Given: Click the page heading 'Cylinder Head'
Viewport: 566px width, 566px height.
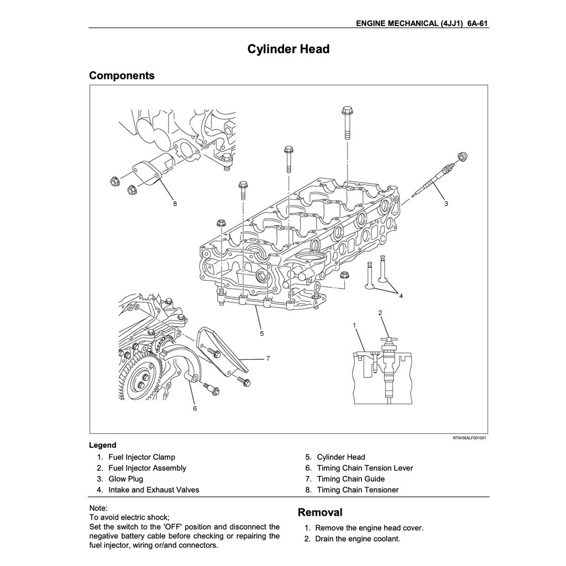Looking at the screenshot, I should coord(288,49).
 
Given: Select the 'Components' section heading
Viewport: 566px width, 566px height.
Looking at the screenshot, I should coord(122,75).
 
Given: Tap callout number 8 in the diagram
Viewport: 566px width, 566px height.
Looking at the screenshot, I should coord(175,203).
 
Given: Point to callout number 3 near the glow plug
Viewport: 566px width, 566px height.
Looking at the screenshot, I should coord(446,203).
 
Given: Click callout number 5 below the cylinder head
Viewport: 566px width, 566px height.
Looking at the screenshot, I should coord(262,333).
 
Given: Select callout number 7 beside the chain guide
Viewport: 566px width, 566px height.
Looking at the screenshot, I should coord(268,358).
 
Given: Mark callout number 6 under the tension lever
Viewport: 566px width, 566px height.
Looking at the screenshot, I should coord(195,408).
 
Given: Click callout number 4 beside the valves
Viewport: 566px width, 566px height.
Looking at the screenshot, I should coord(401,296).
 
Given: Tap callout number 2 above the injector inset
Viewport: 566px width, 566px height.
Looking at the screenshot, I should coord(380,313).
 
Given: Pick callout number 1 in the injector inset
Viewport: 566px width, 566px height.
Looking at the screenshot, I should coord(354,325).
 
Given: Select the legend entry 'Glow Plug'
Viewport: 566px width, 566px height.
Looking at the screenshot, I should coord(125,479).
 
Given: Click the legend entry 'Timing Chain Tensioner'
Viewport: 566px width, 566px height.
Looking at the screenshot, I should coord(357,490).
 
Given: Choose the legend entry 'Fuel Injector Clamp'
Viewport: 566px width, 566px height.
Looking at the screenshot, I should coord(141,457).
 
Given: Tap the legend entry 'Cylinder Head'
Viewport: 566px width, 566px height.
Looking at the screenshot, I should coord(340,457).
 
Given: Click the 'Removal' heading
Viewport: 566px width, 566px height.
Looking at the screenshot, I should coord(320,512).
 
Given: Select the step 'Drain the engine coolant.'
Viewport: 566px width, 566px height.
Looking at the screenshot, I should coord(357,538).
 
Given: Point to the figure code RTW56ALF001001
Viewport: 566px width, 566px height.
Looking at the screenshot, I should coord(469,438).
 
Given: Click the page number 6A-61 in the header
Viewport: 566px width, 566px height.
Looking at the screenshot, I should coord(477,24).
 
